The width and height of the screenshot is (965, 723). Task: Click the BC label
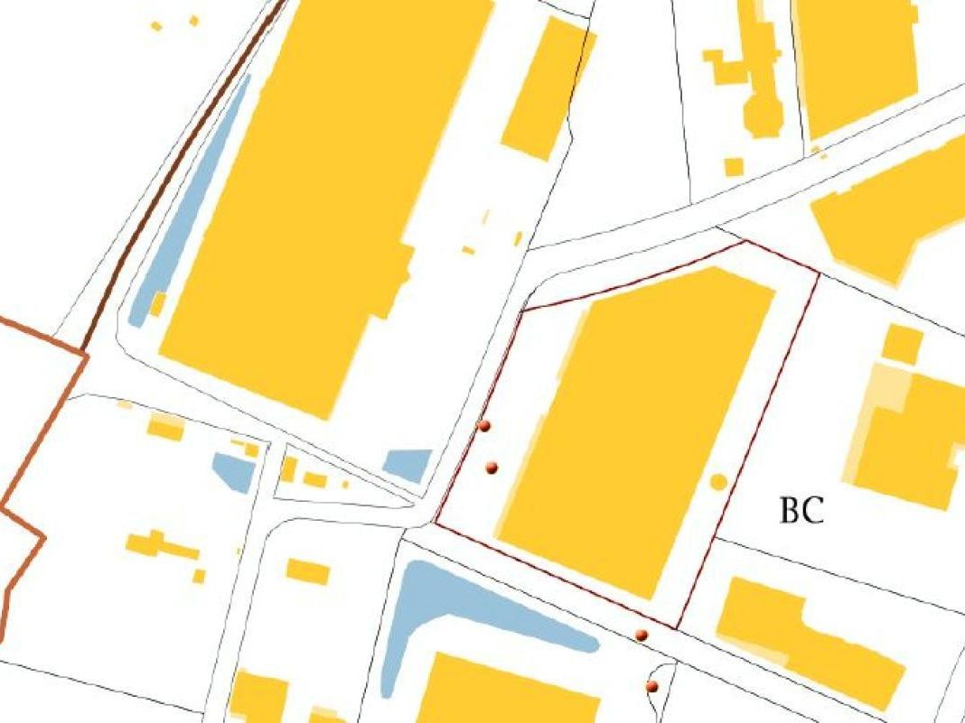coord(801,511)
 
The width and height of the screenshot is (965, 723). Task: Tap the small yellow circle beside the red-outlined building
coord(718,482)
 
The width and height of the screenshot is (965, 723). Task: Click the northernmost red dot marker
coord(484,425)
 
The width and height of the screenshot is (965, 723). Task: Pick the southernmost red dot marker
coord(651,687)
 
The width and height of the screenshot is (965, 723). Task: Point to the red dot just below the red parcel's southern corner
coord(642,635)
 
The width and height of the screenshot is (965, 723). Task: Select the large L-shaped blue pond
coord(452,605)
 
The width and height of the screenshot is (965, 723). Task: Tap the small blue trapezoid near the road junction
coord(408,464)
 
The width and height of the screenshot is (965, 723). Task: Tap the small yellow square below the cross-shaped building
coord(734,167)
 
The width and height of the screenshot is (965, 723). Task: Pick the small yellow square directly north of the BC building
coord(902,343)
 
